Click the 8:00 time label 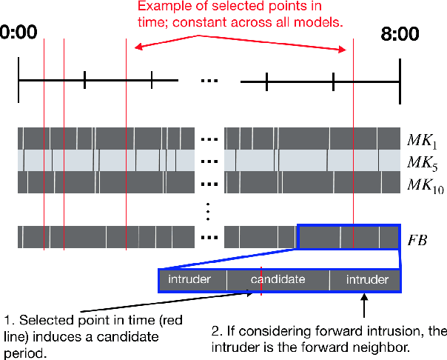coord(400,35)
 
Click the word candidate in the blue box coord(278,280)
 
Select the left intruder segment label coord(189,280)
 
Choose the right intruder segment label coord(366,280)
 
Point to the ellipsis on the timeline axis coord(210,80)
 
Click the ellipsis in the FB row coord(210,238)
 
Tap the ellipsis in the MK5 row coord(210,161)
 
